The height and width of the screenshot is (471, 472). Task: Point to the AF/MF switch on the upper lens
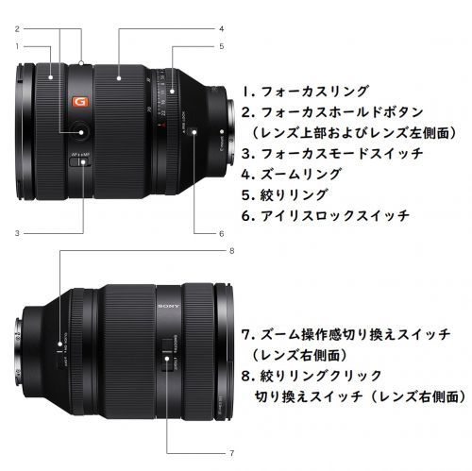pos(84,162)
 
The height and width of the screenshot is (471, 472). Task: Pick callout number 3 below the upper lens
pos(18,232)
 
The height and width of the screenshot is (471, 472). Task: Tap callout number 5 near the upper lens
pos(221,45)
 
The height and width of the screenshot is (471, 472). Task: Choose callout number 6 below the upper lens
pos(221,232)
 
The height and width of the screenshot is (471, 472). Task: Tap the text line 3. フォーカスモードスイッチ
pos(326,153)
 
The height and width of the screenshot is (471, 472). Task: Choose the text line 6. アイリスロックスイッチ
pos(326,215)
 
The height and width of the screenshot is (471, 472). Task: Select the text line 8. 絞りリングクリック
pos(312,377)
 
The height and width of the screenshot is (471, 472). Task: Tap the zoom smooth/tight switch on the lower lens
pos(166,349)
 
